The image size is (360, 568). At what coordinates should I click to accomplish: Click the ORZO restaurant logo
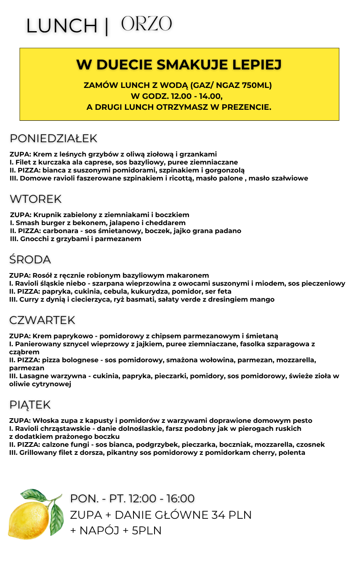point(147,24)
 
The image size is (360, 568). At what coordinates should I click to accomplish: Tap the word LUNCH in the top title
point(62,26)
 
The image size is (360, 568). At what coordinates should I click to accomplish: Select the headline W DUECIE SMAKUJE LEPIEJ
point(179,65)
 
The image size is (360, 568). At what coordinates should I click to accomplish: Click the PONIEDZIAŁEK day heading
point(53,138)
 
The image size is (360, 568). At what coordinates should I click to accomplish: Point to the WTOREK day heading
point(36,199)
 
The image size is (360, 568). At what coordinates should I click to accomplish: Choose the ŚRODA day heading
point(30,260)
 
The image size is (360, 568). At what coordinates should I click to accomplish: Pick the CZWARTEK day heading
point(42,320)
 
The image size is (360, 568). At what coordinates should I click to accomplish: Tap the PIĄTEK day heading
point(30,405)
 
